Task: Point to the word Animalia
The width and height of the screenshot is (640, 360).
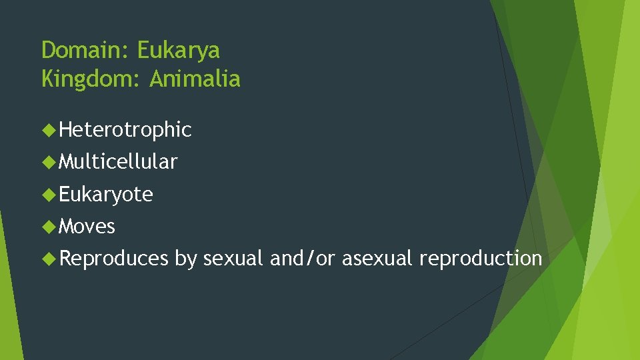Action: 195,80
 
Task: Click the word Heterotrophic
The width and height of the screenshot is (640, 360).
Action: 125,129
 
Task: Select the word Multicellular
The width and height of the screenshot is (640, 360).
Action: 118,161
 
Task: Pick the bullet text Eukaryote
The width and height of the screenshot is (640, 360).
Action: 106,194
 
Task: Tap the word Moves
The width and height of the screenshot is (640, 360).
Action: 87,227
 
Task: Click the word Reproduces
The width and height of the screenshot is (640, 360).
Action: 114,259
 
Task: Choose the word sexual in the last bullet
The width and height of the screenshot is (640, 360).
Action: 233,259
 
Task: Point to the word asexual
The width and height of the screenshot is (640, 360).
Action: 377,259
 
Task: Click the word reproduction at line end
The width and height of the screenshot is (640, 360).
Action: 481,259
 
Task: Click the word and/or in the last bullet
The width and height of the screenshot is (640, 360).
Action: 303,259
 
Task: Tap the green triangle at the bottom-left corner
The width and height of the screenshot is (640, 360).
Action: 8,320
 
